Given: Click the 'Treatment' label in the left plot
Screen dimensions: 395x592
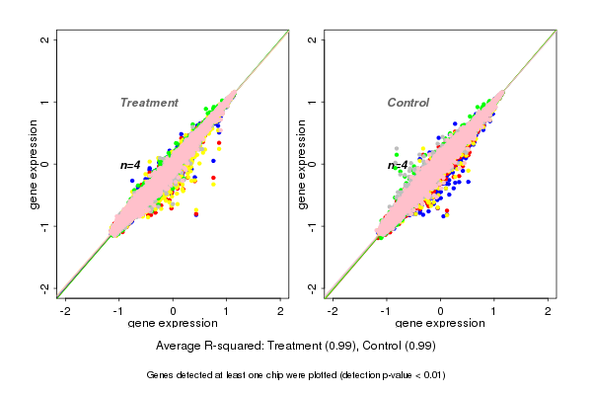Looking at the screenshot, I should (149, 103).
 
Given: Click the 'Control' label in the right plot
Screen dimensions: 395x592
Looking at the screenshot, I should (407, 103).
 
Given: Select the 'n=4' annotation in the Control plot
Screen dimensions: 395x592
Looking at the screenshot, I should (398, 165).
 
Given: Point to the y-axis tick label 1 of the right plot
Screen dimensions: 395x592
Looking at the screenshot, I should (313, 102).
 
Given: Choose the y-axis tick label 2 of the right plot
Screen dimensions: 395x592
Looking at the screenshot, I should (313, 39).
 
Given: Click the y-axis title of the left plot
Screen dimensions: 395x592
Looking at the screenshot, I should (34, 164).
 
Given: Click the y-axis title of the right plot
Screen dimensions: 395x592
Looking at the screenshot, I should (301, 164).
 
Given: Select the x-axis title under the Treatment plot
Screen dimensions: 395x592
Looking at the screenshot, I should (173, 323).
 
